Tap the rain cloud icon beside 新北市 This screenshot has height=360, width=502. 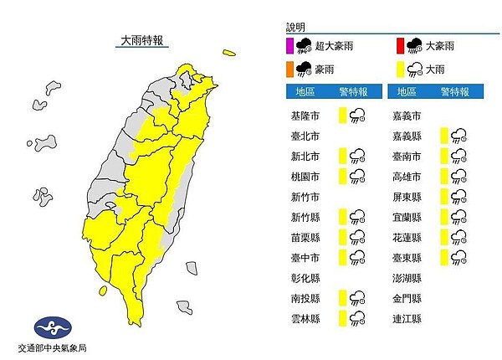click(x=357, y=156)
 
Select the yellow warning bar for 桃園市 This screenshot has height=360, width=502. click(x=343, y=175)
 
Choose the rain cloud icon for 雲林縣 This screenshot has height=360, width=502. click(x=357, y=318)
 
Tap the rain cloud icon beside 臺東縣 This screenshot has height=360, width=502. click(x=458, y=257)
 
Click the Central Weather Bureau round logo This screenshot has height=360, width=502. click(x=50, y=327)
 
